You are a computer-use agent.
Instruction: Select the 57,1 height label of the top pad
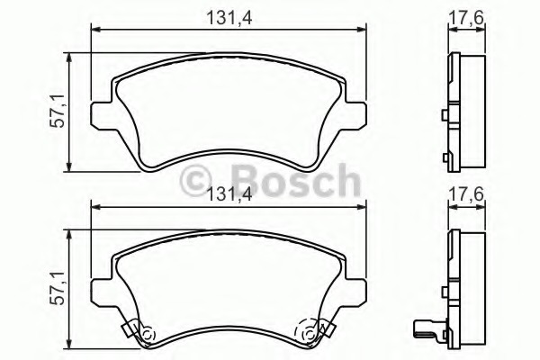(62, 112)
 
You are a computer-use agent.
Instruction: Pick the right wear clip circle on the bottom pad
(311, 334)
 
